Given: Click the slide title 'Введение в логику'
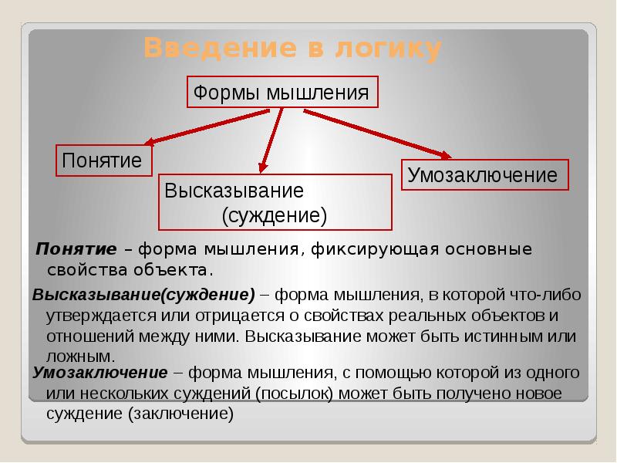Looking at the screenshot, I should pos(293,49).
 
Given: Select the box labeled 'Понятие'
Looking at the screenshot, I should pos(103,161).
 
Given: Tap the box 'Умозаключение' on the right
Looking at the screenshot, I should pos(483,175).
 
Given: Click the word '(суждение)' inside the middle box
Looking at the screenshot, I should pos(275,215).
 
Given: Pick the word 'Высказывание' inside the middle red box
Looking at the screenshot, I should pos(234,190).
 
